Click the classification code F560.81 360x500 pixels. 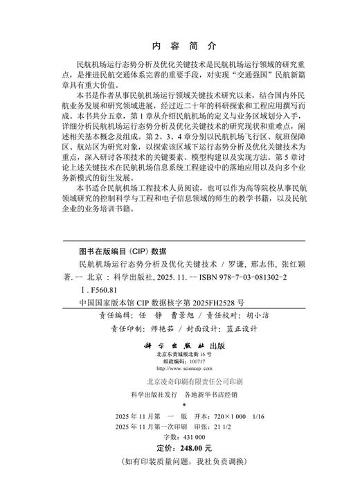coord(100,290)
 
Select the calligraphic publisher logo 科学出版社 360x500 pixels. coord(165,343)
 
